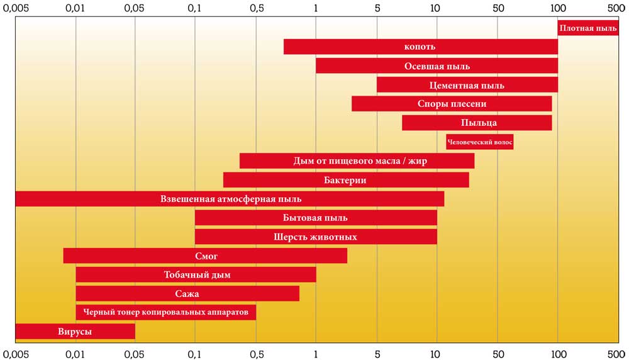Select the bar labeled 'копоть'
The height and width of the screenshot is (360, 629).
[x=420, y=47]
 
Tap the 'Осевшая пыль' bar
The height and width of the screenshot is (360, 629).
[x=437, y=66]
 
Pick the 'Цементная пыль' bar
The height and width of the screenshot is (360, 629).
[x=467, y=85]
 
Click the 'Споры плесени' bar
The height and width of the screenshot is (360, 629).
[x=452, y=104]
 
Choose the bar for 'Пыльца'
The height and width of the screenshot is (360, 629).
[x=477, y=123]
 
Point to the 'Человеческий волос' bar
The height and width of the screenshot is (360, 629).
[x=479, y=142]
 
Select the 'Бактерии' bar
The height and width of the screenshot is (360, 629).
[x=345, y=180]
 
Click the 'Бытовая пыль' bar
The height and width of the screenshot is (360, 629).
[x=316, y=218]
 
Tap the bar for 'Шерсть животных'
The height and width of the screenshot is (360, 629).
[x=316, y=237]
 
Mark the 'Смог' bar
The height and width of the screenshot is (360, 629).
[x=205, y=256]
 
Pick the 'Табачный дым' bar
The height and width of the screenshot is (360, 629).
[x=196, y=275]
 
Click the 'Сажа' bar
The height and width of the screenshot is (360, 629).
[x=187, y=294]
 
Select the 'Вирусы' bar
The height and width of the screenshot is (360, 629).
[x=75, y=332]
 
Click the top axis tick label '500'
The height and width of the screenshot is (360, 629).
[x=618, y=9]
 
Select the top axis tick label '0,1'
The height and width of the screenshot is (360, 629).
[x=195, y=9]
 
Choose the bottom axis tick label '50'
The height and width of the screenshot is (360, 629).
[x=498, y=353]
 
